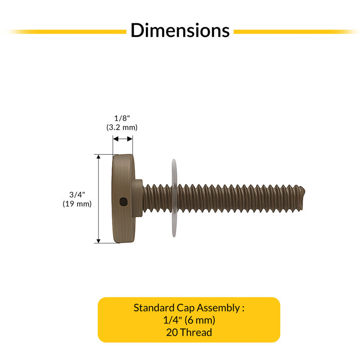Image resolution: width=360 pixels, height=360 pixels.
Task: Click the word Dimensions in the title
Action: pos(180,30)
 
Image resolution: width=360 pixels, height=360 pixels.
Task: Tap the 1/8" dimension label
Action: pos(122,118)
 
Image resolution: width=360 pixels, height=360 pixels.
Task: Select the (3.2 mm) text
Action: pos(122,127)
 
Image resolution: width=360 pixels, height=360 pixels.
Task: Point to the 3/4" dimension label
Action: pos(77,195)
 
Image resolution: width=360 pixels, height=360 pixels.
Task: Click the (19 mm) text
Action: pos(77,204)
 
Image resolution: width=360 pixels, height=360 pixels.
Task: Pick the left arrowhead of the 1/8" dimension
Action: pos(116,139)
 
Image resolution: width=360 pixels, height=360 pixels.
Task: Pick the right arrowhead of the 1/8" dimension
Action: pos(130,139)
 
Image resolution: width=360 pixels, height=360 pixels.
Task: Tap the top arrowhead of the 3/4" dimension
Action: pos(99,157)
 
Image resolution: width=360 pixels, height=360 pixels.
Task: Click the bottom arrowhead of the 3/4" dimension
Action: pos(99,241)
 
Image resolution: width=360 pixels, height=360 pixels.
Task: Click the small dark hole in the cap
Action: pos(123,202)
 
